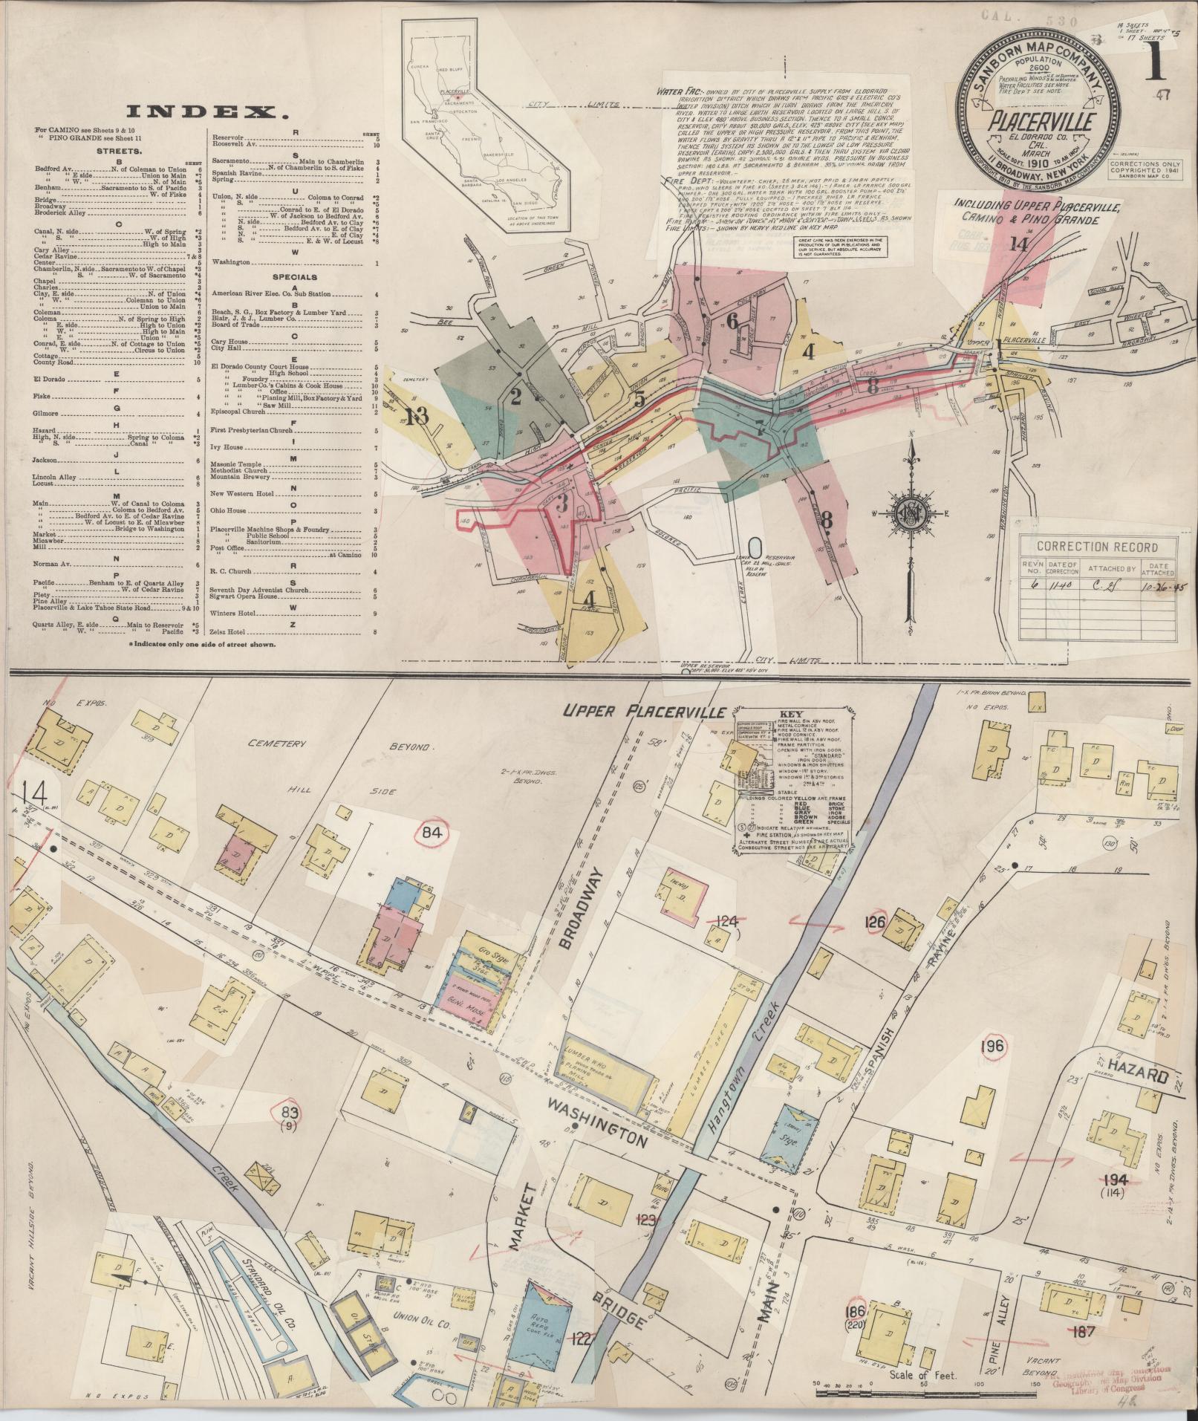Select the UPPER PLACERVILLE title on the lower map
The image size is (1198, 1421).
coord(642,712)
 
